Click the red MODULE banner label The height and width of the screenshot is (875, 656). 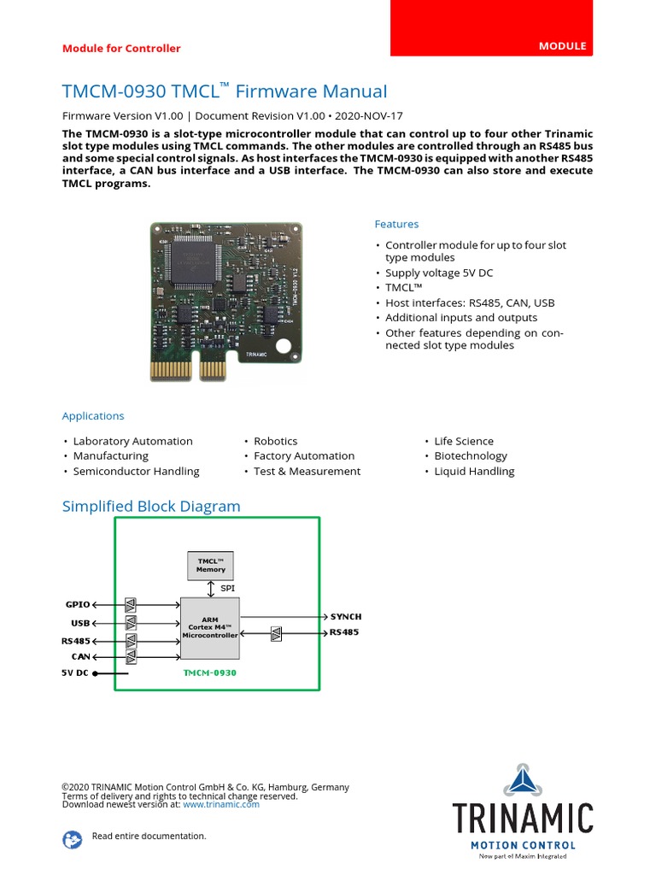[x=562, y=45]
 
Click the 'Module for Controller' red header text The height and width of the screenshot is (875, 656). [x=121, y=48]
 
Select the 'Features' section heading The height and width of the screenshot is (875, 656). [x=396, y=224]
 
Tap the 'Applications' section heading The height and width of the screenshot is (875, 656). [x=93, y=416]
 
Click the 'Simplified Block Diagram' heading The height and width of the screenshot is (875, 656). [x=151, y=507]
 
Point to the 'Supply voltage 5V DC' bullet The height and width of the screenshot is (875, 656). [x=439, y=273]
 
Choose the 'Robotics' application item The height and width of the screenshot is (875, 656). [x=276, y=441]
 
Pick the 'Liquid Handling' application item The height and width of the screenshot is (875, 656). [x=474, y=471]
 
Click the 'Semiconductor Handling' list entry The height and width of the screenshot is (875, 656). [x=136, y=471]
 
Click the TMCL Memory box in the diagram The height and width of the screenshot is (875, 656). [x=210, y=565]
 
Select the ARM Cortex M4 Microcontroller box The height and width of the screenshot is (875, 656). [x=210, y=628]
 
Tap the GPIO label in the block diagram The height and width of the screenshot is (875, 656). [x=78, y=604]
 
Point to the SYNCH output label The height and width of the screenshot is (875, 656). [x=346, y=616]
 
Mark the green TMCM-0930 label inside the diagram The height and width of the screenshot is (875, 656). [x=210, y=672]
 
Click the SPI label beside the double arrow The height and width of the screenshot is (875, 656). [x=227, y=589]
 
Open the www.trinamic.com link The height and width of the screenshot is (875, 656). [x=220, y=804]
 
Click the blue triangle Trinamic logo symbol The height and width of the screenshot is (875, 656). [x=522, y=780]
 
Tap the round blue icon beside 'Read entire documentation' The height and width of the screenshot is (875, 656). [x=72, y=840]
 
